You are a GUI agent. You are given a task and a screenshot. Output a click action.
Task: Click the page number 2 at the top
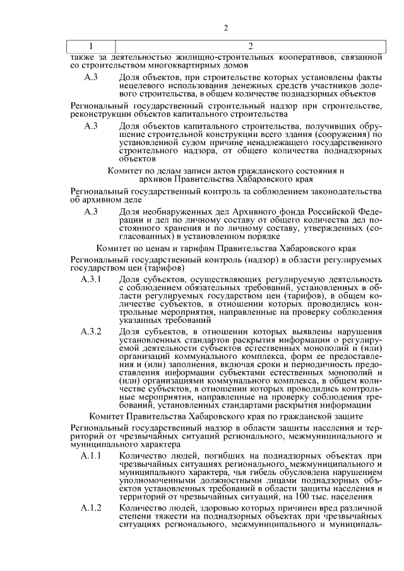226,27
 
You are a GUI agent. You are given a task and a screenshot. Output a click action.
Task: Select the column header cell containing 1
91,47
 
